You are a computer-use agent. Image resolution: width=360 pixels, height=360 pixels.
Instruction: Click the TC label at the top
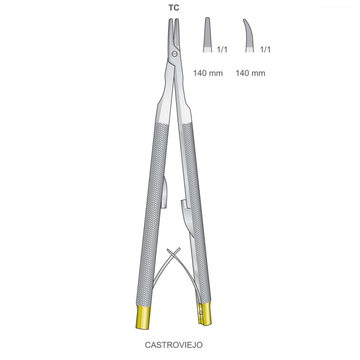[x=174, y=8]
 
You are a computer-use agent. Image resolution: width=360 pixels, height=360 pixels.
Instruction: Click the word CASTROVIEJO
[x=174, y=345]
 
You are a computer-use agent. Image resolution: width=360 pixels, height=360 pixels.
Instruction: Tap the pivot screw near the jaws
[x=175, y=54]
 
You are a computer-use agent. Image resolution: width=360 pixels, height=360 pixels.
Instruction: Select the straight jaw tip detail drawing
[x=207, y=35]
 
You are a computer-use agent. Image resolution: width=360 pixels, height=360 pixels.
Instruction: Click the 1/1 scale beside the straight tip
[x=222, y=49]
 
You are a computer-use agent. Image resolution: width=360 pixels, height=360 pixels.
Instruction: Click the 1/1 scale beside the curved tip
[x=265, y=49]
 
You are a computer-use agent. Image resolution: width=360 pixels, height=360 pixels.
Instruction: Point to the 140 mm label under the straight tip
[x=208, y=73]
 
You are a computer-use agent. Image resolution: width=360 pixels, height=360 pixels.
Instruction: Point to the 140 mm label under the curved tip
[x=250, y=73]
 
